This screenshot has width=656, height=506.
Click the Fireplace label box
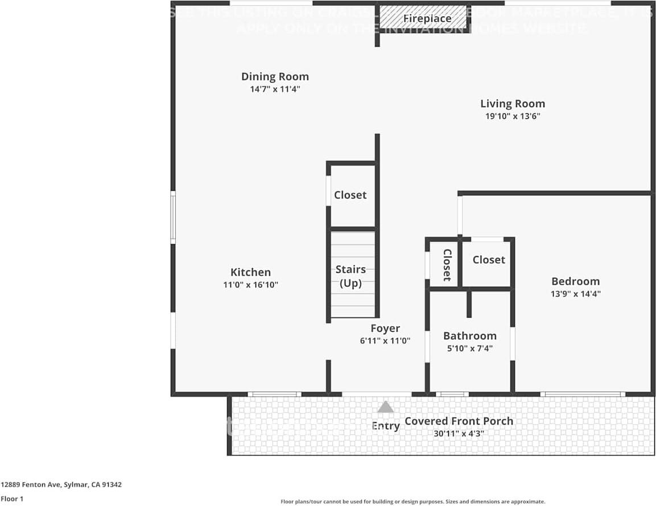[427, 19]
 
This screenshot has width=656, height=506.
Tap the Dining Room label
[275, 77]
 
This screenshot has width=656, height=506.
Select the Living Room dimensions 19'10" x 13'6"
[512, 116]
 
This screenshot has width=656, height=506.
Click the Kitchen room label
[250, 272]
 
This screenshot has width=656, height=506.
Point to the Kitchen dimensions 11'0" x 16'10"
[250, 285]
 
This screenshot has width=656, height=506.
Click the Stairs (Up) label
[350, 276]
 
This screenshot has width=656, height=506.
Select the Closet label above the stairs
[350, 195]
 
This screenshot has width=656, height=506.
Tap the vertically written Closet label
[447, 265]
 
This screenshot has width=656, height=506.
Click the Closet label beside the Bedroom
[489, 260]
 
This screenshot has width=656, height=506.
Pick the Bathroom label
[470, 336]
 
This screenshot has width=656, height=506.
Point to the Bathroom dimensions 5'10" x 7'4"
[470, 348]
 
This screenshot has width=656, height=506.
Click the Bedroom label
[575, 281]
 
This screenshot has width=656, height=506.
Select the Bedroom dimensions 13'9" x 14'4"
[575, 294]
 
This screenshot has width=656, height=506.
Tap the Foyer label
[385, 328]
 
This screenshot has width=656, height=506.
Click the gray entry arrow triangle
[386, 407]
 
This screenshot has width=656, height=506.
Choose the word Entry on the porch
[385, 426]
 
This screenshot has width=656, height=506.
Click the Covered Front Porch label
[459, 421]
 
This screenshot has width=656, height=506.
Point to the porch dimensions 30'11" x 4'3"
[459, 434]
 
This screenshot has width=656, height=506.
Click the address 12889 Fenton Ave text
[61, 485]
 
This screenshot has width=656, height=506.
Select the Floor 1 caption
[12, 499]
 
